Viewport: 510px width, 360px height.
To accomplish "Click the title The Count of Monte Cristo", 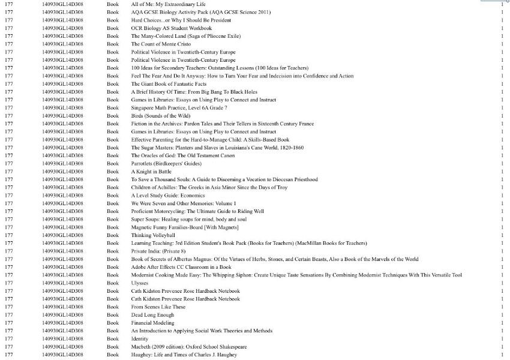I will pos(161,44).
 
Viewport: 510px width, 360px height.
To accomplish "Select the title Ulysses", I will pos(140,283).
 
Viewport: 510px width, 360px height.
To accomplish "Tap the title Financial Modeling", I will pos(152,323).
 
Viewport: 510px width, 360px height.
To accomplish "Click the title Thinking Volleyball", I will pos(153,235).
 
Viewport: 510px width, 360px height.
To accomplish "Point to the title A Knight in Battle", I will pos(151,172).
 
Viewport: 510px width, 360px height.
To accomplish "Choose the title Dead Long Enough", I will pos(152,314).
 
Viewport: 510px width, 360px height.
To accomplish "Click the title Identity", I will pos(140,338).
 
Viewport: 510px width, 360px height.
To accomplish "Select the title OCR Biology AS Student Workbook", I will pos(172,28).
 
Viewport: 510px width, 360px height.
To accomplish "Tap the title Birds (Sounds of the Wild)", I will pos(161,116).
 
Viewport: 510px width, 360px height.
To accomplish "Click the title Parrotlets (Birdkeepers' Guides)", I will pos(166,163).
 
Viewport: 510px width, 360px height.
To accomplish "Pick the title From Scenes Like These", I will pos(158,307).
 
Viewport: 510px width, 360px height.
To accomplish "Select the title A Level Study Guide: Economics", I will pos(168,195).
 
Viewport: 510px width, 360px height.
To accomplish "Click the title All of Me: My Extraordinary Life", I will pos(168,4).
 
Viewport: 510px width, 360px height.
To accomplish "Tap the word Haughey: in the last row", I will pos(142,355).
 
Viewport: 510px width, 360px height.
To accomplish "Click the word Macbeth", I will pos(142,347).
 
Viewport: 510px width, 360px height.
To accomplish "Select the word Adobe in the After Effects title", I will pos(139,267).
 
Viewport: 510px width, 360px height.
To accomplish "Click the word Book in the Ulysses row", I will pos(113,283).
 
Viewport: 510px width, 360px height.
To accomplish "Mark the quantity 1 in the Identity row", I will pos(502,338).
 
